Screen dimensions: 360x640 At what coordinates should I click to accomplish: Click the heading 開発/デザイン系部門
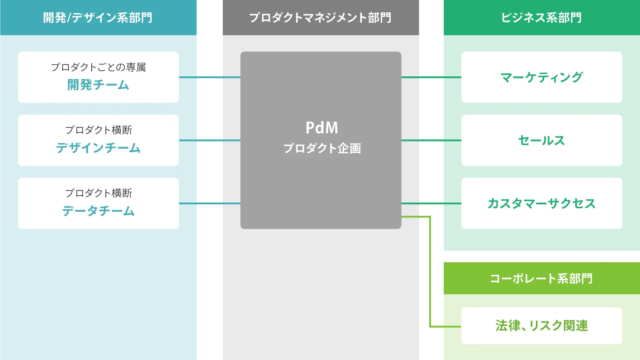pyautogui.click(x=98, y=17)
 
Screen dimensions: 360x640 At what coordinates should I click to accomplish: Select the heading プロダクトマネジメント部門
pyautogui.click(x=320, y=17)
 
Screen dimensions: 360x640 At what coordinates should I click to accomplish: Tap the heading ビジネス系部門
pyautogui.click(x=541, y=17)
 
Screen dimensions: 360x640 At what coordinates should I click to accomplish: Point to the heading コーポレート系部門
pyautogui.click(x=541, y=279)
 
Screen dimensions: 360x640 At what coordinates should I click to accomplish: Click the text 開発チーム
pyautogui.click(x=98, y=85)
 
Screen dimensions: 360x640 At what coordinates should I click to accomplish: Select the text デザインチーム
pyautogui.click(x=98, y=148)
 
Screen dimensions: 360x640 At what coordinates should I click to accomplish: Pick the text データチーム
pyautogui.click(x=98, y=211)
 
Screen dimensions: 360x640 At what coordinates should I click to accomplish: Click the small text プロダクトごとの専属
pyautogui.click(x=98, y=67)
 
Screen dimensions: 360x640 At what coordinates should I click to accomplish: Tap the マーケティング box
pyautogui.click(x=542, y=77)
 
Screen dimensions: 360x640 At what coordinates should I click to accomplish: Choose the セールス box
pyautogui.click(x=542, y=140)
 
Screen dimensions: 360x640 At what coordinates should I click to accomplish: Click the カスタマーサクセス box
pyautogui.click(x=542, y=203)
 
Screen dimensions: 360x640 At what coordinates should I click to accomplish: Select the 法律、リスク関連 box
pyautogui.click(x=542, y=325)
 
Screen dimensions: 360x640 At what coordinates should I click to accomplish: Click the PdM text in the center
pyautogui.click(x=322, y=128)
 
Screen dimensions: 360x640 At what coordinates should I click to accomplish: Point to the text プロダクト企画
pyautogui.click(x=322, y=148)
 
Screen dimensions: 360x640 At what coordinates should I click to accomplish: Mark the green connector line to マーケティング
pyautogui.click(x=422, y=77)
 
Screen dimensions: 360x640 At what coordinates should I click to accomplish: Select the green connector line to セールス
pyautogui.click(x=422, y=140)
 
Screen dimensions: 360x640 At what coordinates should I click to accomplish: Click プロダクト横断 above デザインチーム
pyautogui.click(x=98, y=130)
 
